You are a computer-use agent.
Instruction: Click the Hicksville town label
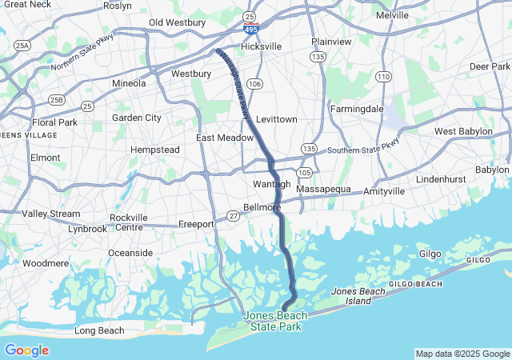click(262, 46)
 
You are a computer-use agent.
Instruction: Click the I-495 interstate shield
click(251, 30)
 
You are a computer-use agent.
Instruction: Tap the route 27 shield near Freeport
click(233, 215)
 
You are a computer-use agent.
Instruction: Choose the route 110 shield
click(384, 77)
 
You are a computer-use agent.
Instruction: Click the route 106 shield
click(255, 84)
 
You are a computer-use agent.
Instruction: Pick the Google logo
click(26, 350)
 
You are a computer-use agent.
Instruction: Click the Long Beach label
click(99, 330)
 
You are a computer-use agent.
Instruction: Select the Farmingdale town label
click(357, 108)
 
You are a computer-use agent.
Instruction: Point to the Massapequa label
click(324, 189)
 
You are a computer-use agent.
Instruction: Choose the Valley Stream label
click(51, 214)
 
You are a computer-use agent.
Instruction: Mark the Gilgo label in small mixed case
click(430, 254)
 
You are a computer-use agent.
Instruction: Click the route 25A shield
click(22, 46)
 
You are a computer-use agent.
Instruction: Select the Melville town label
click(393, 15)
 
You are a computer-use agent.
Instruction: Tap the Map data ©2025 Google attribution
click(462, 354)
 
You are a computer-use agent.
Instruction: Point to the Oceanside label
click(130, 253)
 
